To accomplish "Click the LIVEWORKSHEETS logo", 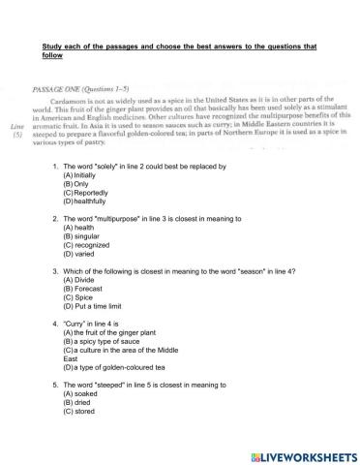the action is point(298,452).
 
